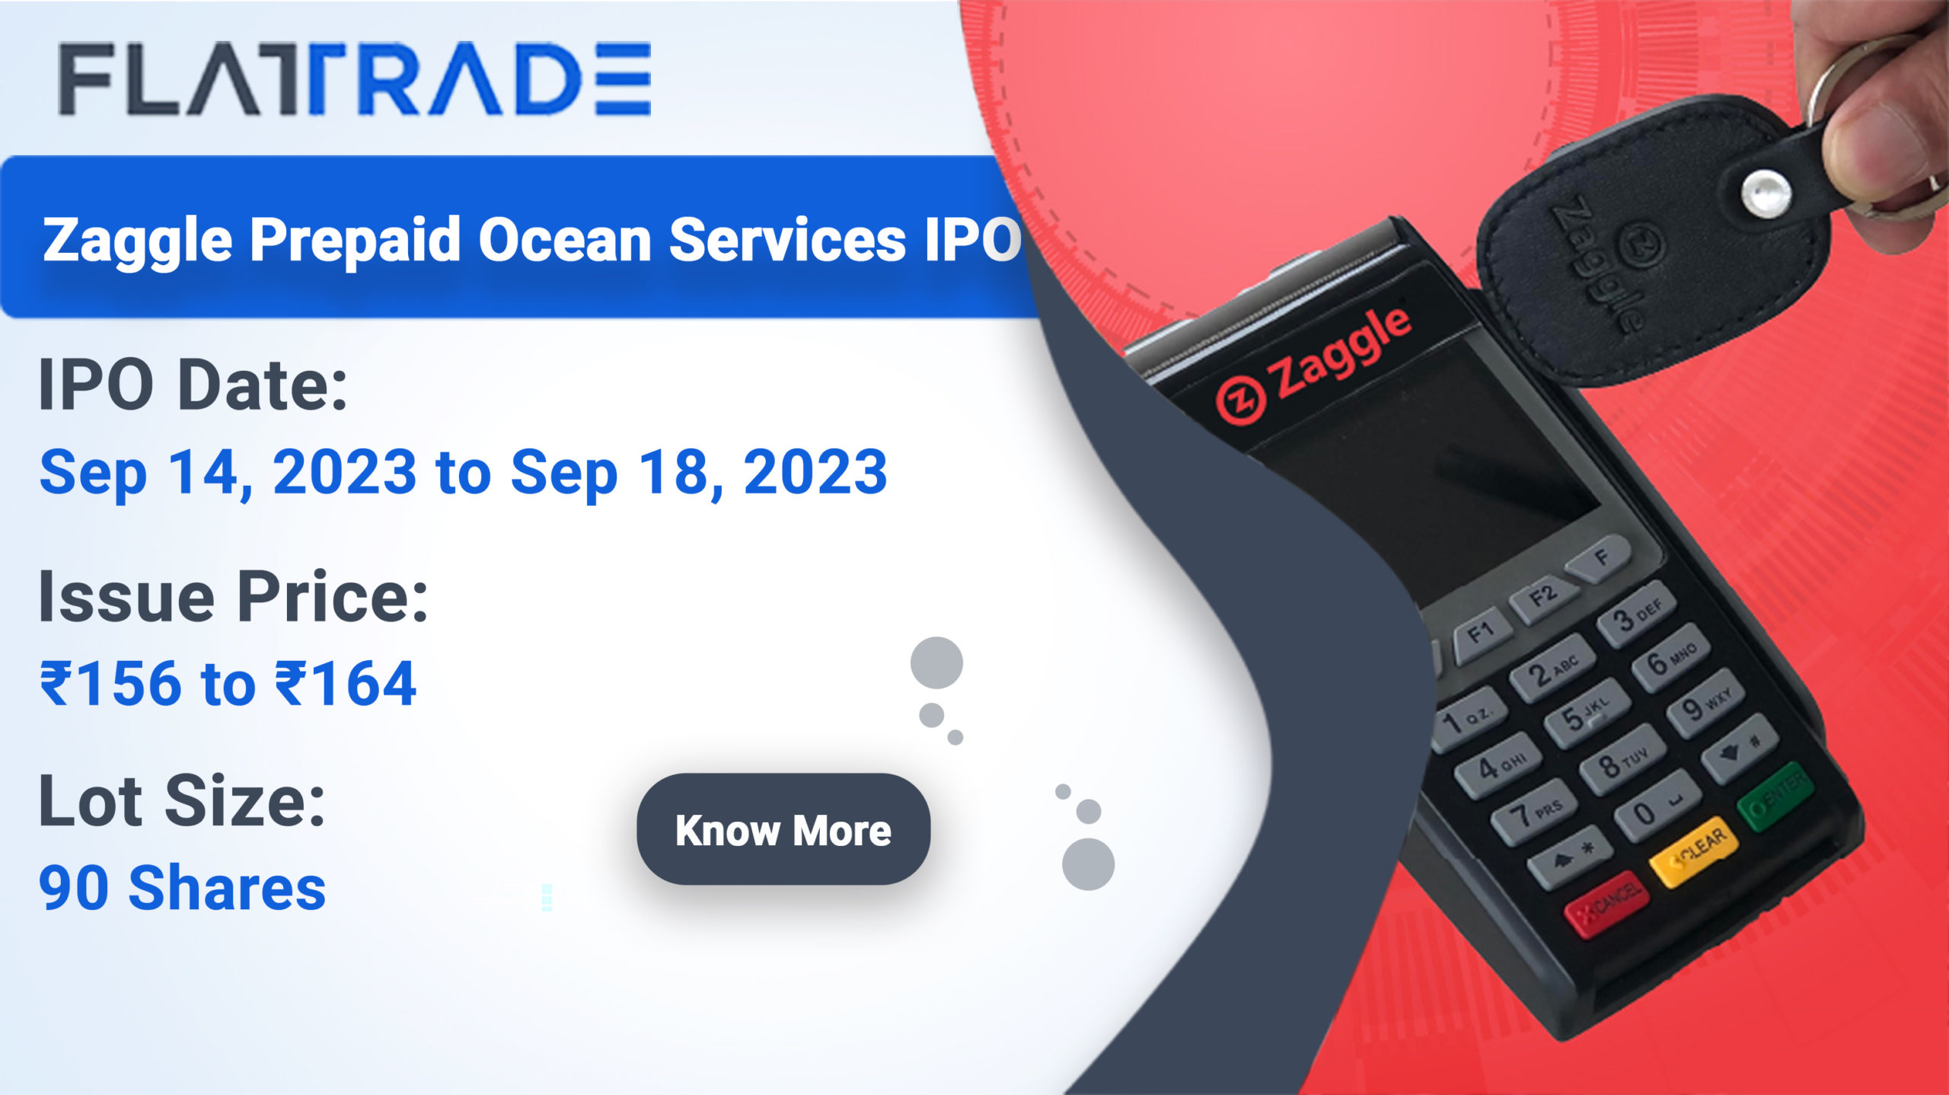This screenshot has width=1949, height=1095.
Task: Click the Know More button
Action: [x=783, y=829]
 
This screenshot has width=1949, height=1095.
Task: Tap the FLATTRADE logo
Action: [x=355, y=79]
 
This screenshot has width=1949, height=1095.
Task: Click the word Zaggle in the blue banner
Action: [x=138, y=241]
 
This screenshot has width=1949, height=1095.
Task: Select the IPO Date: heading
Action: [x=193, y=385]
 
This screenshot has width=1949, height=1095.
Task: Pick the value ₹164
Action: [x=346, y=683]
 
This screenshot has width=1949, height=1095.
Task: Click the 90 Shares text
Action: [x=183, y=888]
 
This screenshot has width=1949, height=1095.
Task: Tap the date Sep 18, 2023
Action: [x=699, y=472]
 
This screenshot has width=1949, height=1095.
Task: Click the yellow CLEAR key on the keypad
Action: [x=1694, y=851]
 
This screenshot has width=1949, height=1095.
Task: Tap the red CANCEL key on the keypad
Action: [x=1606, y=903]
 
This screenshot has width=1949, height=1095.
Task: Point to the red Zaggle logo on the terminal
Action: [x=1314, y=366]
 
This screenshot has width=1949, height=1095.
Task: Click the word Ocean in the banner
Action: [x=563, y=239]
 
